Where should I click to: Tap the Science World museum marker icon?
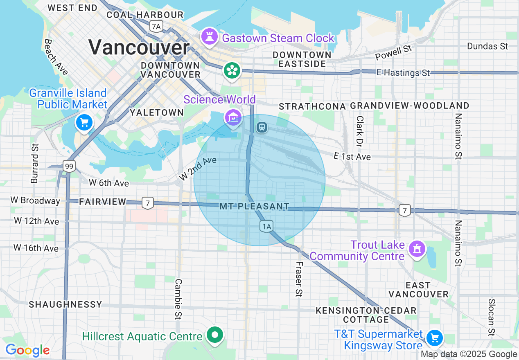click(232, 118)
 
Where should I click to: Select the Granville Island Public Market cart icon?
click(84, 122)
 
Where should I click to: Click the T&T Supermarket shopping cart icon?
click(434, 338)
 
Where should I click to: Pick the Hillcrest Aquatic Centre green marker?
click(215, 335)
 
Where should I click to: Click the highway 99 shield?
click(69, 166)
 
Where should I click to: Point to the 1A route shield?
click(266, 226)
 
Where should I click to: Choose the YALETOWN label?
click(157, 112)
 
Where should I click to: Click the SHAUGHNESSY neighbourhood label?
click(65, 304)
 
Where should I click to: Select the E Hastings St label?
click(403, 73)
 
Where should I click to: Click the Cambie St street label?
click(178, 299)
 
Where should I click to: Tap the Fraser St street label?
click(299, 279)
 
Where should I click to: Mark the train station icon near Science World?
click(262, 127)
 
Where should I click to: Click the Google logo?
click(27, 350)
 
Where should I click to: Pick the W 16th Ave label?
click(36, 248)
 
